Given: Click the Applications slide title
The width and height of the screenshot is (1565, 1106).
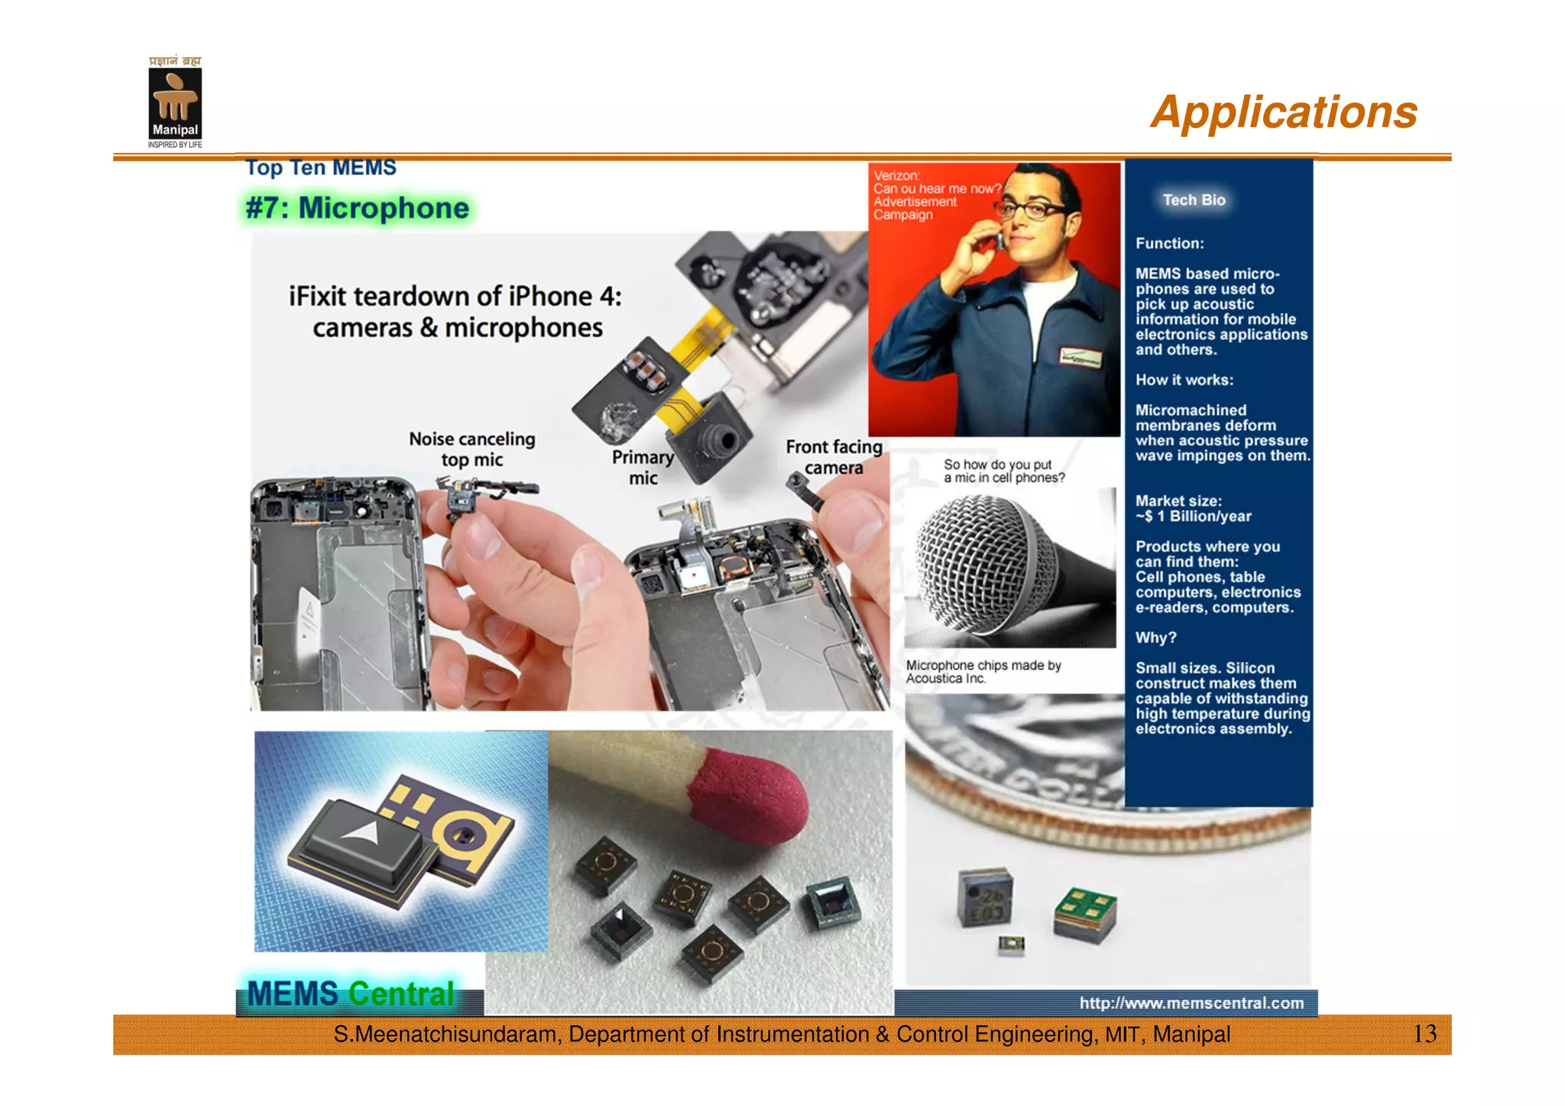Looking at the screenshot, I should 1283,112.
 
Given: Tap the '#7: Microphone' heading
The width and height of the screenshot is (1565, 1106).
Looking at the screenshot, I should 357,208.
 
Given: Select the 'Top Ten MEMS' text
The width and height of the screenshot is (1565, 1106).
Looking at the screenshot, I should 321,167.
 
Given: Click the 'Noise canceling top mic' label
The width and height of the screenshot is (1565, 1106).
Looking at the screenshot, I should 471,449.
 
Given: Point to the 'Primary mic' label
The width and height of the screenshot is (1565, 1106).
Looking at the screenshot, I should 643,467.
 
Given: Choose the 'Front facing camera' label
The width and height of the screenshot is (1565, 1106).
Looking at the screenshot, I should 834,456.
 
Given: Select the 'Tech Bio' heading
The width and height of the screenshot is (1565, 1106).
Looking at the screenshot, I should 1194,200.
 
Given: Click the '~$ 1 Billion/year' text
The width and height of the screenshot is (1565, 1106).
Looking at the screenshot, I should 1194,517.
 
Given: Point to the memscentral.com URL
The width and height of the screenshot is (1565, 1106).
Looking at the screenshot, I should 1191,1003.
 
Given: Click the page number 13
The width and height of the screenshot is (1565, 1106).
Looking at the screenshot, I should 1424,1034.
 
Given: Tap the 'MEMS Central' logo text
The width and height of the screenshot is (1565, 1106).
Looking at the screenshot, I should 351,994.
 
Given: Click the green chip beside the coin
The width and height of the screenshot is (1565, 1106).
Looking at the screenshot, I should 1084,914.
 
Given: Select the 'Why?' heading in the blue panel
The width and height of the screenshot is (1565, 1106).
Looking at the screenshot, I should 1155,637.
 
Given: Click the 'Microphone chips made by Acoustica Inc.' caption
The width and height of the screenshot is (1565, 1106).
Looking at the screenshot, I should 983,672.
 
